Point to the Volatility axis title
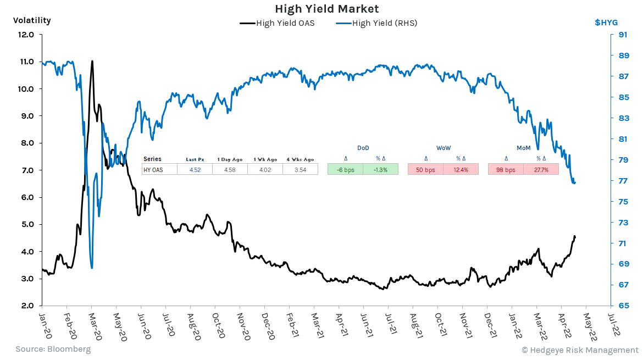point(32,20)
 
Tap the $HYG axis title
point(606,23)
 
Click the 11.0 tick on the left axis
point(26,62)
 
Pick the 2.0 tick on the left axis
point(26,306)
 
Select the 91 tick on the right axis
point(623,35)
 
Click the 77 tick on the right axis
point(623,181)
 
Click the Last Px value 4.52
point(195,170)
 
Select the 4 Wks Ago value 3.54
point(300,170)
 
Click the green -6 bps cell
point(345,170)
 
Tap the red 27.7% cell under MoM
point(541,170)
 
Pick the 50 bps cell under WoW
point(425,170)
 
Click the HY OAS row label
point(153,170)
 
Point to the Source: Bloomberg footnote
point(53,349)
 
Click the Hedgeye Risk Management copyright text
point(580,350)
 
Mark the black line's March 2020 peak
point(92,61)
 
